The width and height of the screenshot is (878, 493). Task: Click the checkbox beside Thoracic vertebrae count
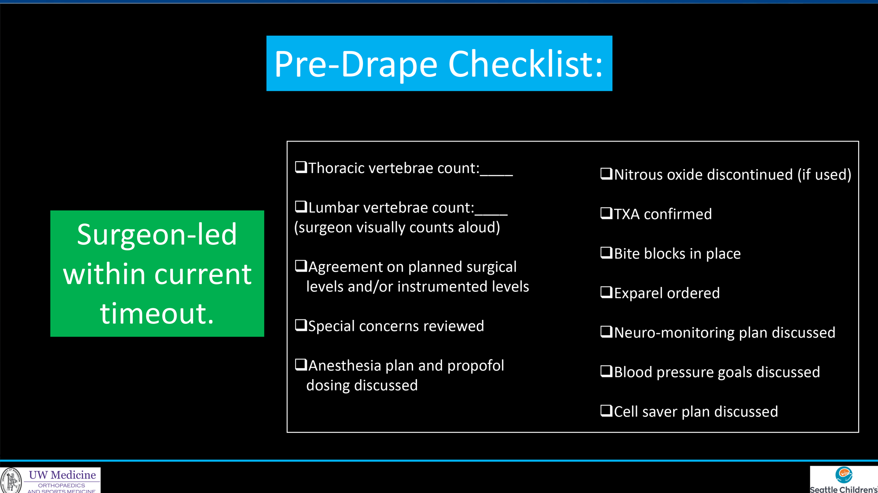(301, 167)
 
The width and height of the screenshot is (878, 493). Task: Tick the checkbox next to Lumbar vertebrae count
(301, 207)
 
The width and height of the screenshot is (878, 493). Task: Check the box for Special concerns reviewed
(301, 325)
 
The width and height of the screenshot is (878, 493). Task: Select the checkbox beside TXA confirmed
(606, 213)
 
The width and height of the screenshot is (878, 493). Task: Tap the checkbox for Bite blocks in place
(606, 253)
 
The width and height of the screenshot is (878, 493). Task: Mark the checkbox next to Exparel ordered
(606, 292)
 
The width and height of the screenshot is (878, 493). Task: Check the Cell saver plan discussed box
(606, 411)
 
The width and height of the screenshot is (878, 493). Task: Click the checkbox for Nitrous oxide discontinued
(606, 174)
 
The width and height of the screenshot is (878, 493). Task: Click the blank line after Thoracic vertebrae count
(496, 175)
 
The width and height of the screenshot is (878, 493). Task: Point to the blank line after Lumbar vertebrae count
(491, 215)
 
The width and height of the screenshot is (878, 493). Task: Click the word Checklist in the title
(526, 64)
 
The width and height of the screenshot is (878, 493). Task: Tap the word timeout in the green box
(157, 313)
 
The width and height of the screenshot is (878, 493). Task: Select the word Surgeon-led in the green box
(157, 234)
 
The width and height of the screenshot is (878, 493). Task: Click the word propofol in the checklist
(476, 366)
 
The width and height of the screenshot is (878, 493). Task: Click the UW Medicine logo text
(62, 475)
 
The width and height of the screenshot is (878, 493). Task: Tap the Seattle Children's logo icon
(844, 475)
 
